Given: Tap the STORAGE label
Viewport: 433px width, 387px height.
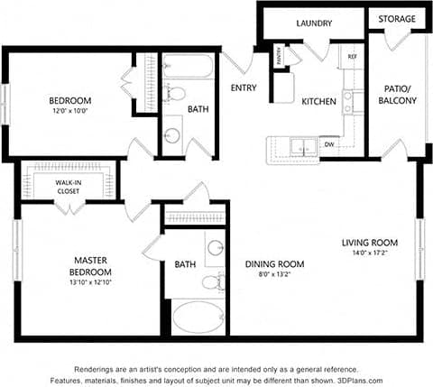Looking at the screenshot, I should point(397,19).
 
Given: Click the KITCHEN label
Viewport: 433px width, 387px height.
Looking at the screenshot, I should point(318,101).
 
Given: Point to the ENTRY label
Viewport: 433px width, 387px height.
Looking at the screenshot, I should point(244,88).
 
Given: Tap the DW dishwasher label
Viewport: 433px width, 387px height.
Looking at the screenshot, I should point(329,143).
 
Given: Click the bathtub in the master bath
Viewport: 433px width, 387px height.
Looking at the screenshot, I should point(197,318).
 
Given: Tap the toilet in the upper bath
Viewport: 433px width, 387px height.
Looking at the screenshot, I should point(178,92).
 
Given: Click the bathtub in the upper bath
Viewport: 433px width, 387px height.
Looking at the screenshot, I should point(188,67).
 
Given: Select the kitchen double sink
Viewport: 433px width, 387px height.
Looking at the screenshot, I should point(299,145).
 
